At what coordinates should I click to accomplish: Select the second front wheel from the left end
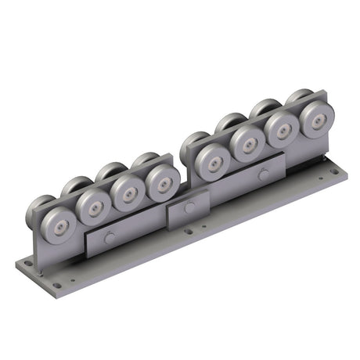[94, 207]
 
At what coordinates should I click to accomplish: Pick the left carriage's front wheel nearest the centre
[162, 181]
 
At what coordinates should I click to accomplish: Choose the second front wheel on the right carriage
[248, 145]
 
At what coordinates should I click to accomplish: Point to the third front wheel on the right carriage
[283, 130]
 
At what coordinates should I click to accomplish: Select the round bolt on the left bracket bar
[110, 238]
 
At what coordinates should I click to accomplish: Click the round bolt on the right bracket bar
[263, 174]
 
